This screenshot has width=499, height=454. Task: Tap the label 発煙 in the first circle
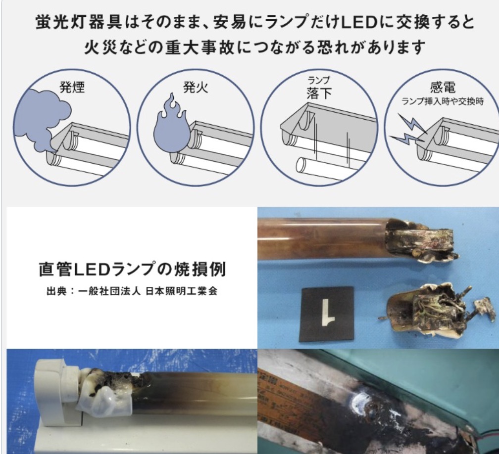(x=72, y=87)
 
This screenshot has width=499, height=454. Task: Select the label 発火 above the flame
(x=196, y=87)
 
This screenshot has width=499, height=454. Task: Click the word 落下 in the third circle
(x=319, y=93)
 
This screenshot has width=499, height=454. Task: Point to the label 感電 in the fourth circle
(x=443, y=87)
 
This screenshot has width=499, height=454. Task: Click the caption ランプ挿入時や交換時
(x=443, y=101)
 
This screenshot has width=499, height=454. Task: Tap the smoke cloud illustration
(x=42, y=119)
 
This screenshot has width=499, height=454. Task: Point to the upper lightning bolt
(x=411, y=123)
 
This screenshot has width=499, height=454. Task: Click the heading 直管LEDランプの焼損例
(x=132, y=269)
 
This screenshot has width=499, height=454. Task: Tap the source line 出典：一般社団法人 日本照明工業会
(x=132, y=291)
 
